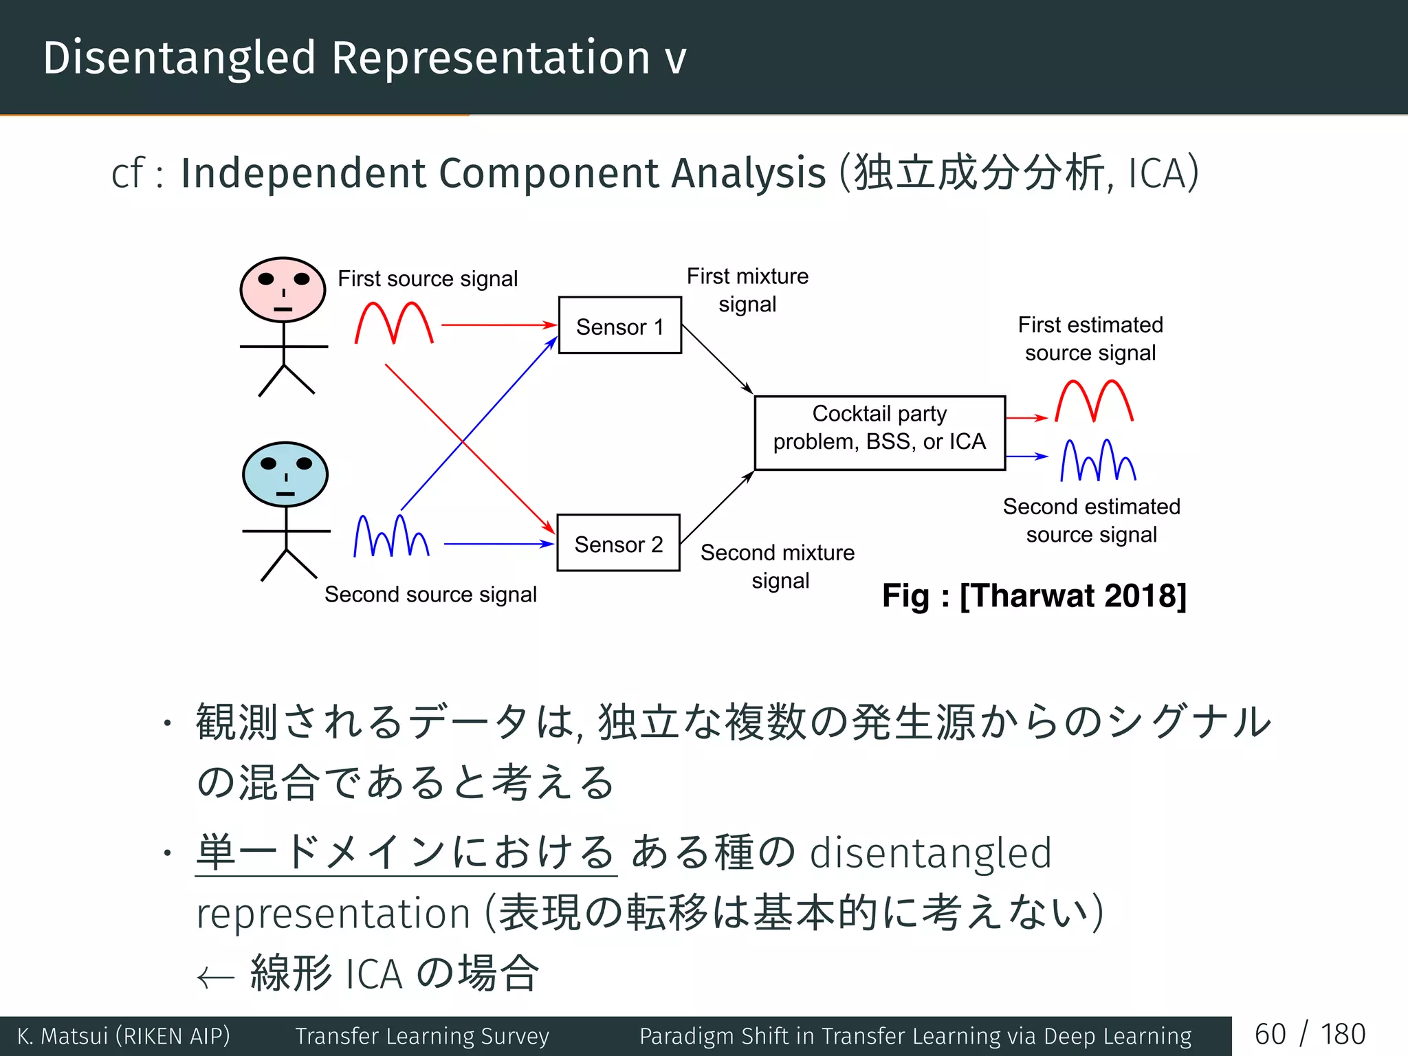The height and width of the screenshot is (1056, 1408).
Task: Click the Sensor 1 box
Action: click(619, 325)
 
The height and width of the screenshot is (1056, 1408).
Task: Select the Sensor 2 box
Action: click(618, 542)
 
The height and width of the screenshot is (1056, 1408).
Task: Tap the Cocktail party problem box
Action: click(879, 433)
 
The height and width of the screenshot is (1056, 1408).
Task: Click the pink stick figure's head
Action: click(283, 289)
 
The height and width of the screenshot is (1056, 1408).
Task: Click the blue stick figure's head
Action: click(285, 474)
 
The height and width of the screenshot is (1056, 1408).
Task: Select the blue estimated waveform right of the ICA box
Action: click(1098, 460)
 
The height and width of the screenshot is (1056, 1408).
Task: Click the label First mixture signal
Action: click(747, 289)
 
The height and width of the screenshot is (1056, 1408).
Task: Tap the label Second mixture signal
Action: click(778, 566)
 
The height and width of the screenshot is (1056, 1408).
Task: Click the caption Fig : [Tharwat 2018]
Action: click(1034, 595)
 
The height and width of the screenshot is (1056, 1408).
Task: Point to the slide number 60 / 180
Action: click(1310, 1035)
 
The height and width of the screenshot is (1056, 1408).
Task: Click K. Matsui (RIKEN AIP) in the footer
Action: click(124, 1036)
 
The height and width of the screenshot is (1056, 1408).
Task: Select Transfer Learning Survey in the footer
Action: click(422, 1036)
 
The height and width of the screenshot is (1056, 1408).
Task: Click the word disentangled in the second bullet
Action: click(931, 853)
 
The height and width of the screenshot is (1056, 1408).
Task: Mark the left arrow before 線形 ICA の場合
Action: click(216, 977)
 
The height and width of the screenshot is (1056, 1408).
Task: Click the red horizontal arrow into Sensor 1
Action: click(498, 324)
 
